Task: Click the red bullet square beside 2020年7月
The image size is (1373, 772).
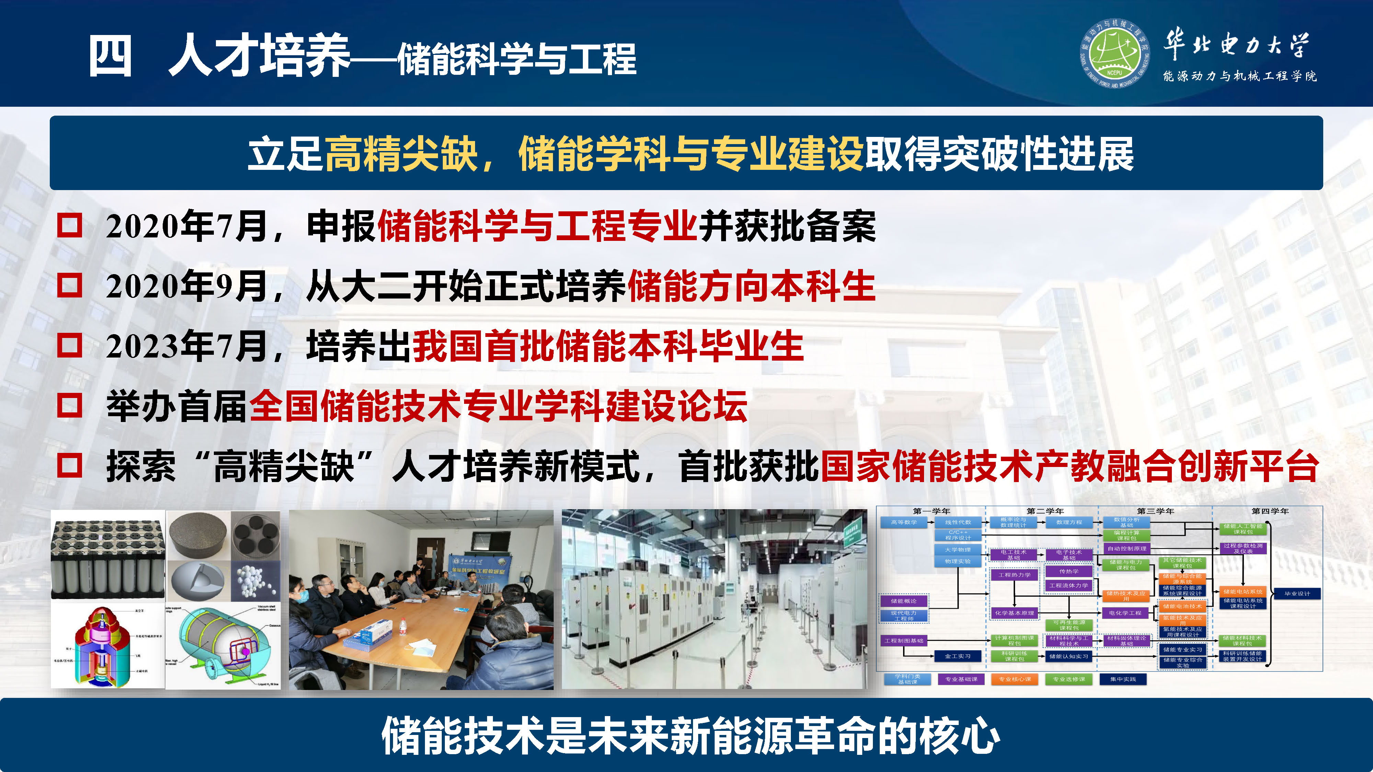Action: pyautogui.click(x=70, y=225)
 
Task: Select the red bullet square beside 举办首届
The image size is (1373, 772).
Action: pyautogui.click(x=70, y=406)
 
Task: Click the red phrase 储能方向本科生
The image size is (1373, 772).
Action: pyautogui.click(x=751, y=286)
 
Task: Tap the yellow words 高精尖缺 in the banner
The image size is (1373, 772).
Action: pyautogui.click(x=401, y=154)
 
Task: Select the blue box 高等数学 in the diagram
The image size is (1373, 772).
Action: pyautogui.click(x=904, y=522)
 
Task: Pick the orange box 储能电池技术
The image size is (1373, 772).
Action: pyautogui.click(x=1182, y=606)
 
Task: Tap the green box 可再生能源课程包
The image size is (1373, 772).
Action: pyautogui.click(x=1069, y=625)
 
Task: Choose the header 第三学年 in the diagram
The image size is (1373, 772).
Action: pyautogui.click(x=1155, y=511)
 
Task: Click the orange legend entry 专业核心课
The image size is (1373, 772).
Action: pyautogui.click(x=1014, y=679)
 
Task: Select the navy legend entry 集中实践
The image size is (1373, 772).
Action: pyautogui.click(x=1122, y=679)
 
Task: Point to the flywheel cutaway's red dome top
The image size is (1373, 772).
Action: pyautogui.click(x=99, y=618)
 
